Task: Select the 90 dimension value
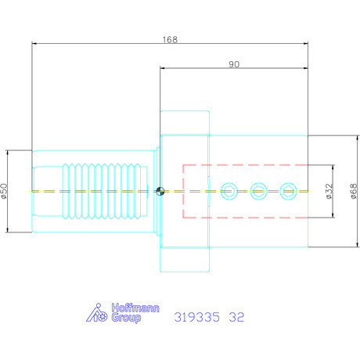(x=234, y=64)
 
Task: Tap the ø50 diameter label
(x=6, y=190)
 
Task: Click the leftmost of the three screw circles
(x=230, y=190)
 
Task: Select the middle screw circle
(x=258, y=190)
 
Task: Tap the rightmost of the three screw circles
(x=287, y=190)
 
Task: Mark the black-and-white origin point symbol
(x=160, y=190)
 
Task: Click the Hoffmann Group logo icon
(x=95, y=313)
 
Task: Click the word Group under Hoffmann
(x=121, y=319)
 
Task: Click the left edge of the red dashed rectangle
(x=183, y=190)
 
